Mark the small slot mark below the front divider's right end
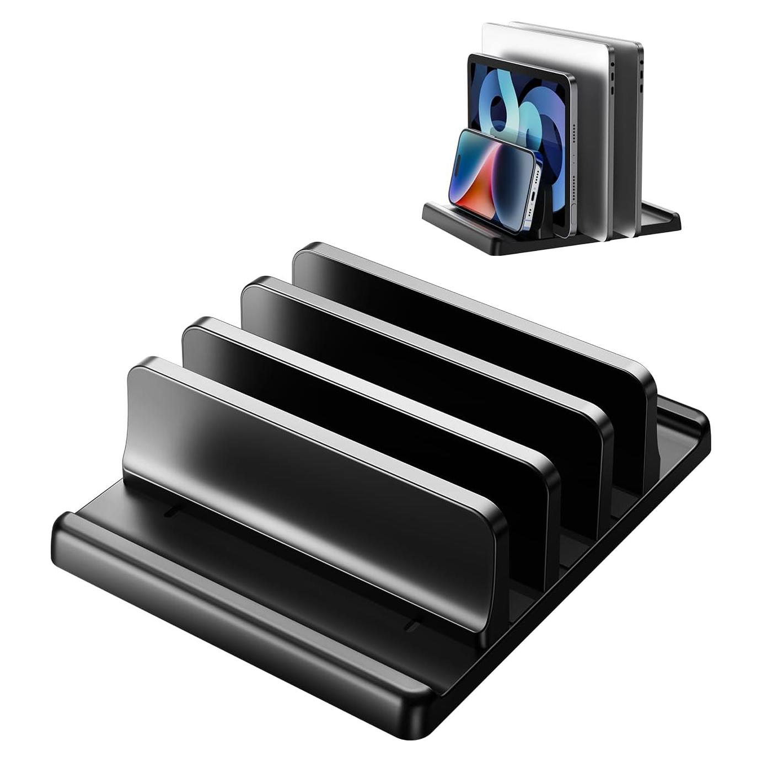pos(412,626)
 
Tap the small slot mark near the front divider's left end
pos(171,513)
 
